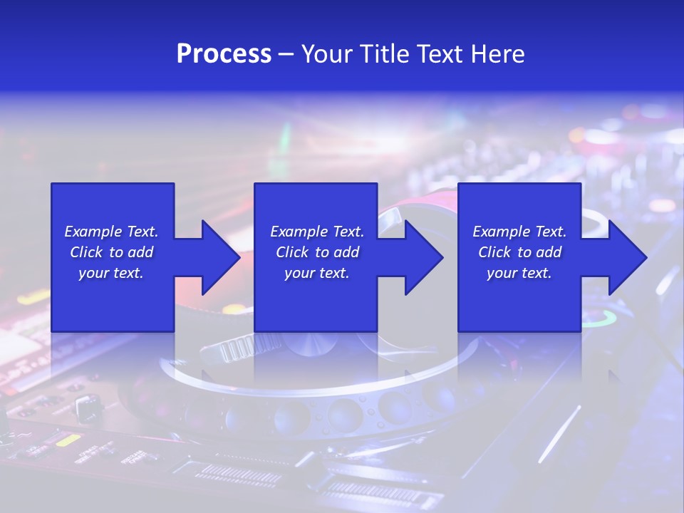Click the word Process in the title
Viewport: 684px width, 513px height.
(x=224, y=54)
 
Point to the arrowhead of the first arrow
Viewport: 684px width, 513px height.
(x=221, y=257)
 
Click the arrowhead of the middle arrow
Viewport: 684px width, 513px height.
(x=424, y=257)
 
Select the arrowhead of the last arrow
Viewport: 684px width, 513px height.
(x=628, y=257)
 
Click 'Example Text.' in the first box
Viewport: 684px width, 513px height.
(x=111, y=232)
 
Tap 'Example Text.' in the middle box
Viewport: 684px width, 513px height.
(x=317, y=232)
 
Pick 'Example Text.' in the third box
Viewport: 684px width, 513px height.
(x=519, y=232)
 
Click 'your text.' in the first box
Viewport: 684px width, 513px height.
(x=111, y=273)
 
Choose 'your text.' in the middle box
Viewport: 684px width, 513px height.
(x=317, y=273)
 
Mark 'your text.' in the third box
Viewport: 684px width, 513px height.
(x=519, y=273)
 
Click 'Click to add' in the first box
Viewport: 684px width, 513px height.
(x=112, y=252)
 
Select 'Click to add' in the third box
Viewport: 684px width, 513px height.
(x=520, y=252)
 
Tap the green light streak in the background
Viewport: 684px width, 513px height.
(x=285, y=135)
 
